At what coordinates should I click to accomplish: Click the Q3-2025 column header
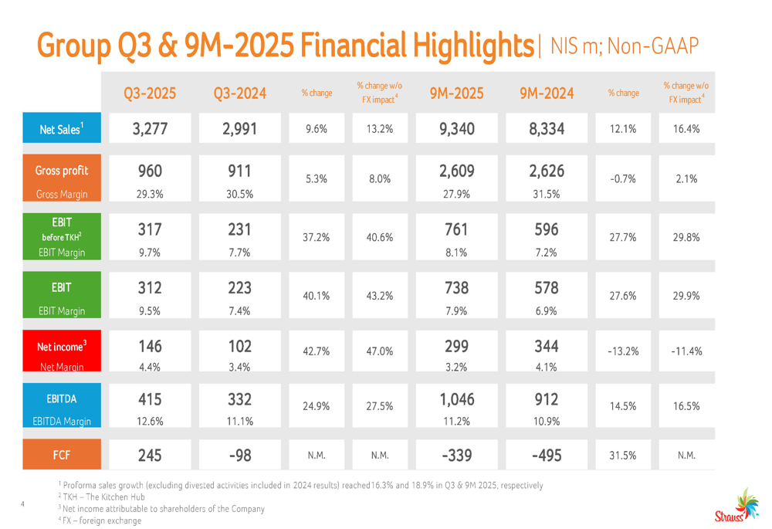(150, 93)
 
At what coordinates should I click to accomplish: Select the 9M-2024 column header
(547, 93)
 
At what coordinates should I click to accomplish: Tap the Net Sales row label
(61, 130)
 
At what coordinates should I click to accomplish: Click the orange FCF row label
(61, 456)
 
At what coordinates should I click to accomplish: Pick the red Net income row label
(61, 347)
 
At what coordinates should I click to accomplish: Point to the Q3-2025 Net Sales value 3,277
(150, 129)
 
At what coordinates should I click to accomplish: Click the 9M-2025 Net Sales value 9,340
(456, 129)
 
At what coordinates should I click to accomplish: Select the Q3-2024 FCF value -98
(239, 455)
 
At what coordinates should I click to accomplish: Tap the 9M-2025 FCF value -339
(456, 455)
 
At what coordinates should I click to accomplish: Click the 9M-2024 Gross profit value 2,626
(547, 171)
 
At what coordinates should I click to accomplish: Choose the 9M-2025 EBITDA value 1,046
(456, 399)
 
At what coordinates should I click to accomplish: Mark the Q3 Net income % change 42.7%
(317, 351)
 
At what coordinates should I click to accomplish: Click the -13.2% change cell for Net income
(623, 351)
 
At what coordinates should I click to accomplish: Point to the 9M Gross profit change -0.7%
(623, 178)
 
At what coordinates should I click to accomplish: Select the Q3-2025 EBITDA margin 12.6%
(150, 421)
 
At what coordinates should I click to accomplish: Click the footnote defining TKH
(101, 497)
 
